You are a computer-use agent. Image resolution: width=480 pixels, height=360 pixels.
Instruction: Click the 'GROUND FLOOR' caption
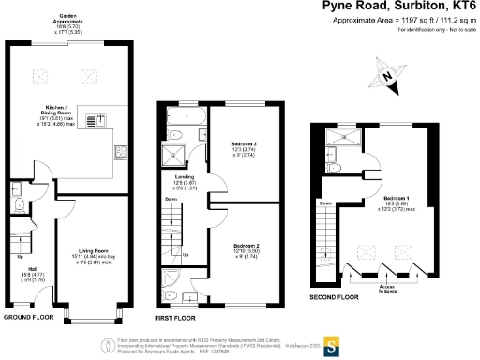point(27,318)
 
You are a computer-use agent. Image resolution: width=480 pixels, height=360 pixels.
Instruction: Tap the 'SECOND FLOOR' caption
point(334,297)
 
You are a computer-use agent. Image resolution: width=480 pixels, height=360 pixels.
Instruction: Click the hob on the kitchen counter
point(95,119)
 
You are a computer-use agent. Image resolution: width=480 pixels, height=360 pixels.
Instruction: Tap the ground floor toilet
point(18,205)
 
